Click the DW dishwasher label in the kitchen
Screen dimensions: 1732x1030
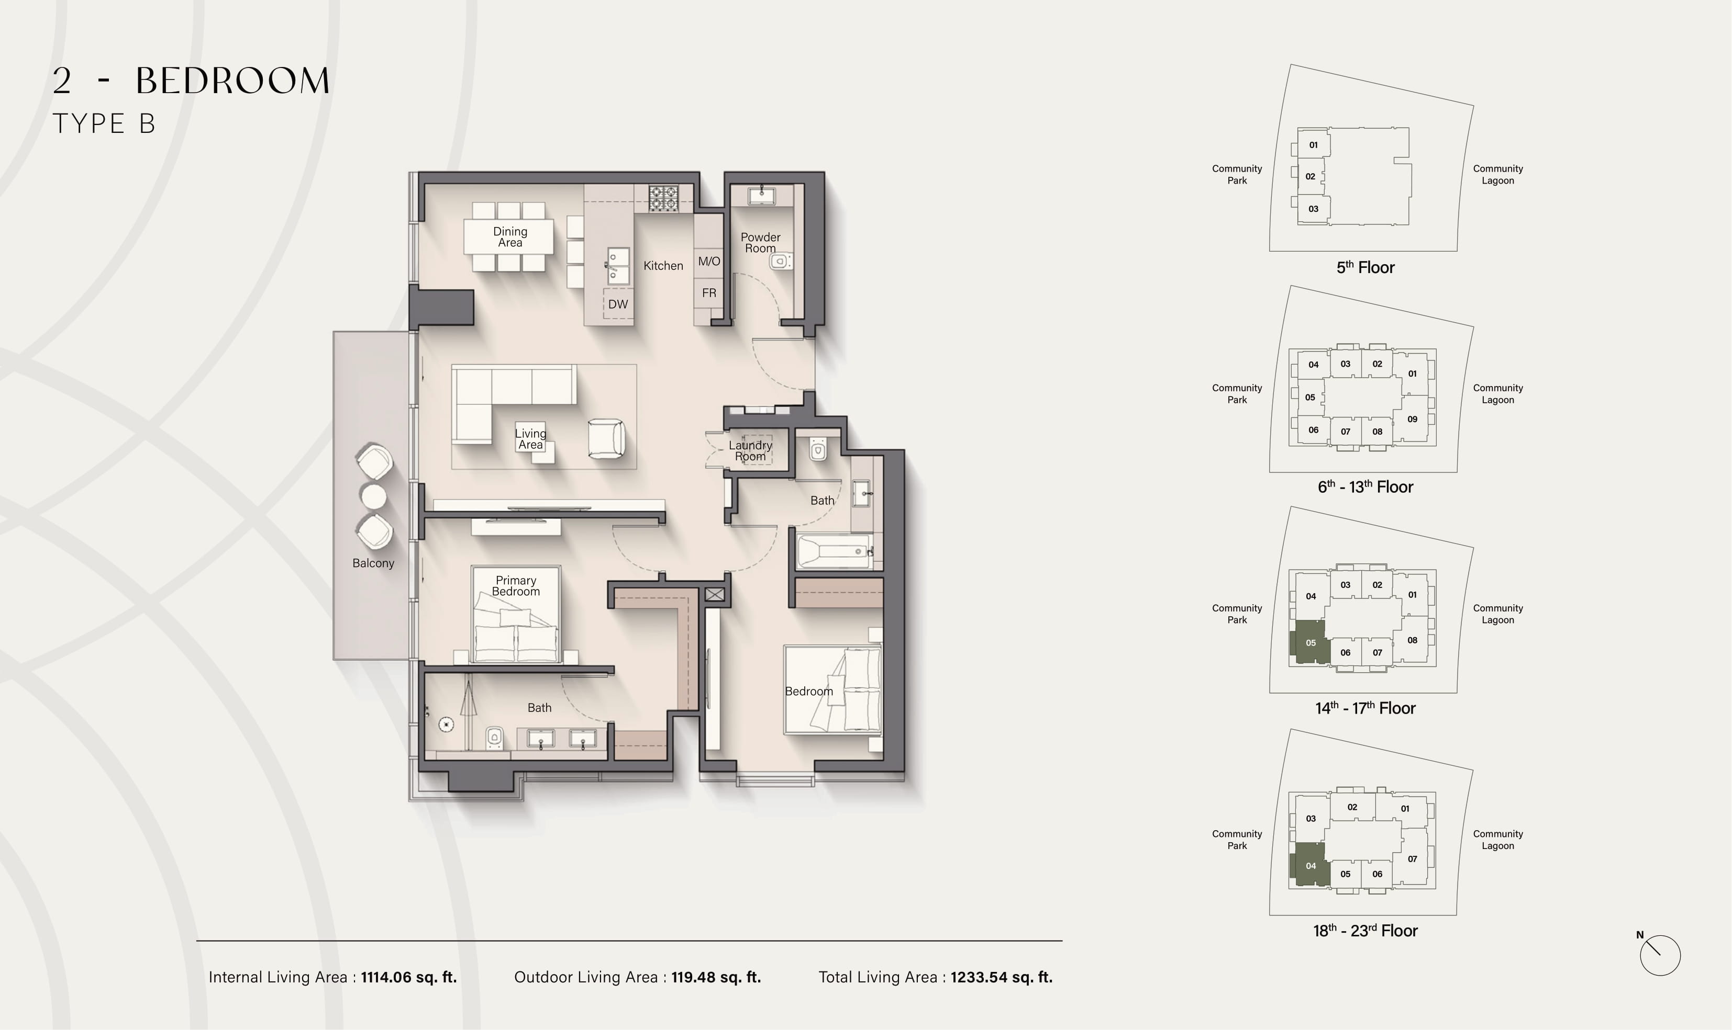pos(617,304)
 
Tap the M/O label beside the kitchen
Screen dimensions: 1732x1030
pos(709,262)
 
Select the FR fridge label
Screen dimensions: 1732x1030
pos(709,293)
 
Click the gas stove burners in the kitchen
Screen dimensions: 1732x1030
pos(663,198)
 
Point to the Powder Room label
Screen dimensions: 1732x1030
pos(760,243)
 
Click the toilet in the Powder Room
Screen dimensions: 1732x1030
pos(781,262)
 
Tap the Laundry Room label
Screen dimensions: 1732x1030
pos(750,450)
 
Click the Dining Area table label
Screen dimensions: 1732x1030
pos(510,236)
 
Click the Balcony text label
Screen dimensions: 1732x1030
pos(373,563)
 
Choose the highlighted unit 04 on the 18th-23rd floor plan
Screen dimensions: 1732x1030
pos(1310,865)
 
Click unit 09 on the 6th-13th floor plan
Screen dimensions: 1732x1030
pos(1413,419)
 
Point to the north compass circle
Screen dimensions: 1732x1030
pos(1660,955)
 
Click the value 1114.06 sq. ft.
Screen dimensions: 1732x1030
pos(408,977)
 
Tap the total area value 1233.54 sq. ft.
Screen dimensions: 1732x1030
pos(1002,977)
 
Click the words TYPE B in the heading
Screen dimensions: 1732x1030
pos(104,123)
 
